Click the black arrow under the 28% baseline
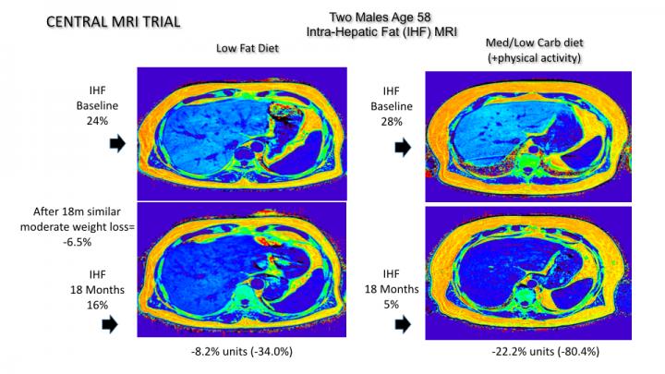click(x=404, y=147)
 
